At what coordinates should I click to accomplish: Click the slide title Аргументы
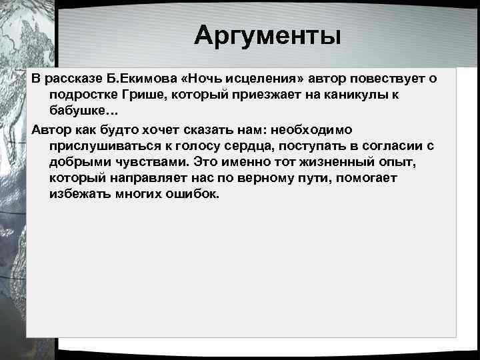coord(267,35)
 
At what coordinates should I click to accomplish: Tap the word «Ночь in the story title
coord(187,79)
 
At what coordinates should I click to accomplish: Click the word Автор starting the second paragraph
coord(51,129)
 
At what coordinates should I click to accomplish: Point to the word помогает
coord(369,178)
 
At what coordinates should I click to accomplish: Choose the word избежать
coord(80,195)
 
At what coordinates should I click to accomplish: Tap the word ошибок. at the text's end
coord(193,195)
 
